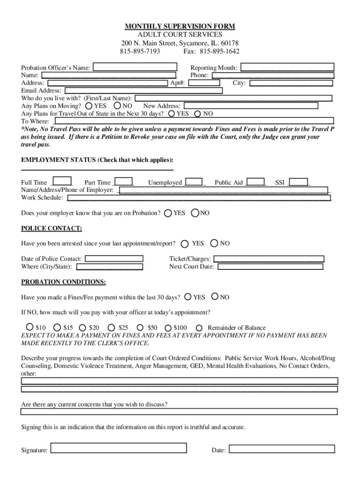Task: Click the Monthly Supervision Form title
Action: pos(180,26)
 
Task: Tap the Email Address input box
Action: pos(143,91)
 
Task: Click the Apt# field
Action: pos(203,83)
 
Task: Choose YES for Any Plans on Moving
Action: pos(89,106)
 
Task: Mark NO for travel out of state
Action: pos(198,114)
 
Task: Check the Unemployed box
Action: pos(194,182)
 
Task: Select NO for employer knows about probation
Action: pos(195,213)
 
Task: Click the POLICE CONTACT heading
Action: pos(51,228)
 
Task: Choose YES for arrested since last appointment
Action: pos(185,243)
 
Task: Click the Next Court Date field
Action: pos(270,267)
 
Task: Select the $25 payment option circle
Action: pos(112,328)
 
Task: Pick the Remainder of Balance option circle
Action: pos(199,328)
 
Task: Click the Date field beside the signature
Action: pos(281,449)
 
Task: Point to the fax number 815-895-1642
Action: pos(219,51)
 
